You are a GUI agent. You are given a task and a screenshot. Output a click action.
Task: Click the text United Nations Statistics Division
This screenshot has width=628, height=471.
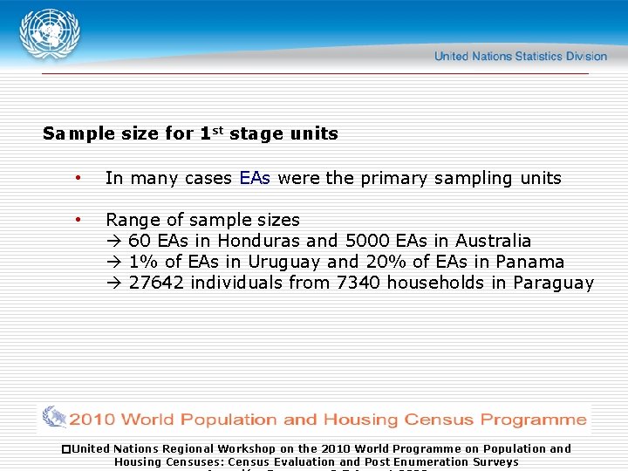tap(520, 57)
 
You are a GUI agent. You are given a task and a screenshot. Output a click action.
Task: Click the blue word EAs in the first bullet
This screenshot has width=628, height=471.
tap(254, 178)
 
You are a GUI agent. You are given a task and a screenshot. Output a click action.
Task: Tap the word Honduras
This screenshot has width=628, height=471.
tap(259, 241)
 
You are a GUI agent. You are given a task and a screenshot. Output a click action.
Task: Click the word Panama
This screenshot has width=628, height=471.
tap(530, 262)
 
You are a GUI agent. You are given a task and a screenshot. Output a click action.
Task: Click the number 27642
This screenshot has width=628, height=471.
tap(156, 283)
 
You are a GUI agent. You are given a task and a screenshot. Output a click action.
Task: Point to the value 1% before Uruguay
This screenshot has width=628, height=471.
tap(142, 262)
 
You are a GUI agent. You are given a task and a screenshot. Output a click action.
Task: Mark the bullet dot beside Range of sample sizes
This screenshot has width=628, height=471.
tap(78, 219)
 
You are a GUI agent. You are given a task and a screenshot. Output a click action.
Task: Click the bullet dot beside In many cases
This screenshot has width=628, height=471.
tap(78, 177)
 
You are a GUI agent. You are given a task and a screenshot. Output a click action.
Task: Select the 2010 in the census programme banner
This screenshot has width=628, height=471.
tap(92, 420)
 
